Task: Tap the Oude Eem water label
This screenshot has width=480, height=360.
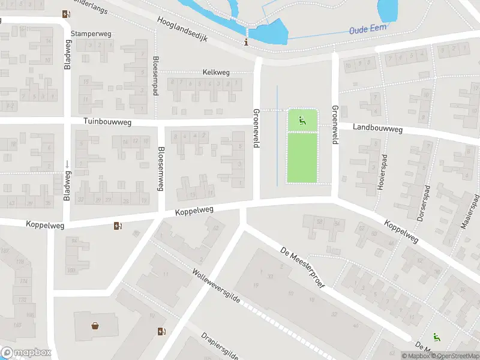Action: pos(368,28)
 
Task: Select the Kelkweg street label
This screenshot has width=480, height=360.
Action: pos(217,73)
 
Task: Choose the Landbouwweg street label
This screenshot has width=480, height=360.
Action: pos(377,127)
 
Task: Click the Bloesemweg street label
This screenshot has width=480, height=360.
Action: pos(160,169)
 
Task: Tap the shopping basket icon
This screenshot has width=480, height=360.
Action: pos(95,326)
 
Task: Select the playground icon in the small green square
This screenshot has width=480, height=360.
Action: pos(302,119)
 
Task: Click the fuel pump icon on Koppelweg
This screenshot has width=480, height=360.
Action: pos(118,226)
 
